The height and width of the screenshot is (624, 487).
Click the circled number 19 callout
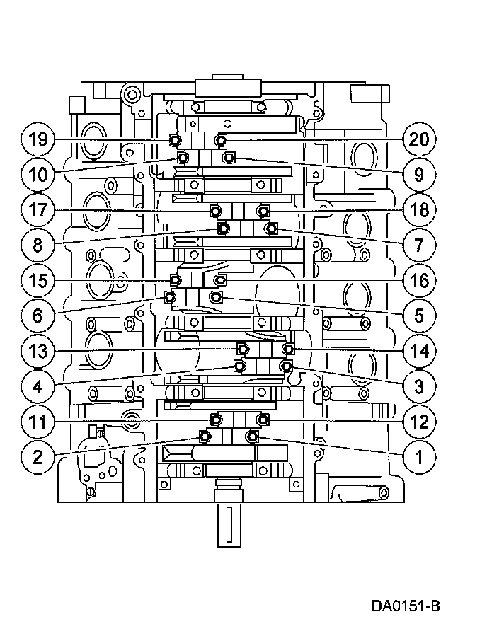pyautogui.click(x=38, y=139)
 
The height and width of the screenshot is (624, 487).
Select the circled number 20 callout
pyautogui.click(x=419, y=139)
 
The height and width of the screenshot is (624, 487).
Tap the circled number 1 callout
pyautogui.click(x=419, y=457)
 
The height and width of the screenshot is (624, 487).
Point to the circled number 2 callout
pyautogui.click(x=38, y=457)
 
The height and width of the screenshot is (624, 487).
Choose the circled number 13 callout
pyautogui.click(x=38, y=351)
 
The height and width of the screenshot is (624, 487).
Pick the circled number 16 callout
pyautogui.click(x=419, y=281)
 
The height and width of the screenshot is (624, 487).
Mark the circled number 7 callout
pyautogui.click(x=419, y=245)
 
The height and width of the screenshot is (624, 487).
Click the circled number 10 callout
pyautogui.click(x=38, y=174)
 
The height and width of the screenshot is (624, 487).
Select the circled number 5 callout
pyautogui.click(x=419, y=316)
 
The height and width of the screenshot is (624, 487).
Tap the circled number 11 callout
pyautogui.click(x=38, y=422)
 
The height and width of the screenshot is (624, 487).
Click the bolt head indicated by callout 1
pyautogui.click(x=251, y=437)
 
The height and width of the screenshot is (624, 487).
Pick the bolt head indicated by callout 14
pyautogui.click(x=288, y=349)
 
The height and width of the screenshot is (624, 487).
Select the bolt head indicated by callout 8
pyautogui.click(x=224, y=229)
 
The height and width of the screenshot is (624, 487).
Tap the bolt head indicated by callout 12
pyautogui.click(x=262, y=419)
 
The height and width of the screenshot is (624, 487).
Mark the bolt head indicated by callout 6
pyautogui.click(x=170, y=297)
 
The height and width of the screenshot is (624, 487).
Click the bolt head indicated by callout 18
pyautogui.click(x=262, y=210)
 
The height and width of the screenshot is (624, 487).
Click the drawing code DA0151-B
pyautogui.click(x=406, y=606)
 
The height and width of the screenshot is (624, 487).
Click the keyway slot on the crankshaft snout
pyautogui.click(x=229, y=524)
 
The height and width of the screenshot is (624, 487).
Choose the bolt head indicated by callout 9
pyautogui.click(x=228, y=158)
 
